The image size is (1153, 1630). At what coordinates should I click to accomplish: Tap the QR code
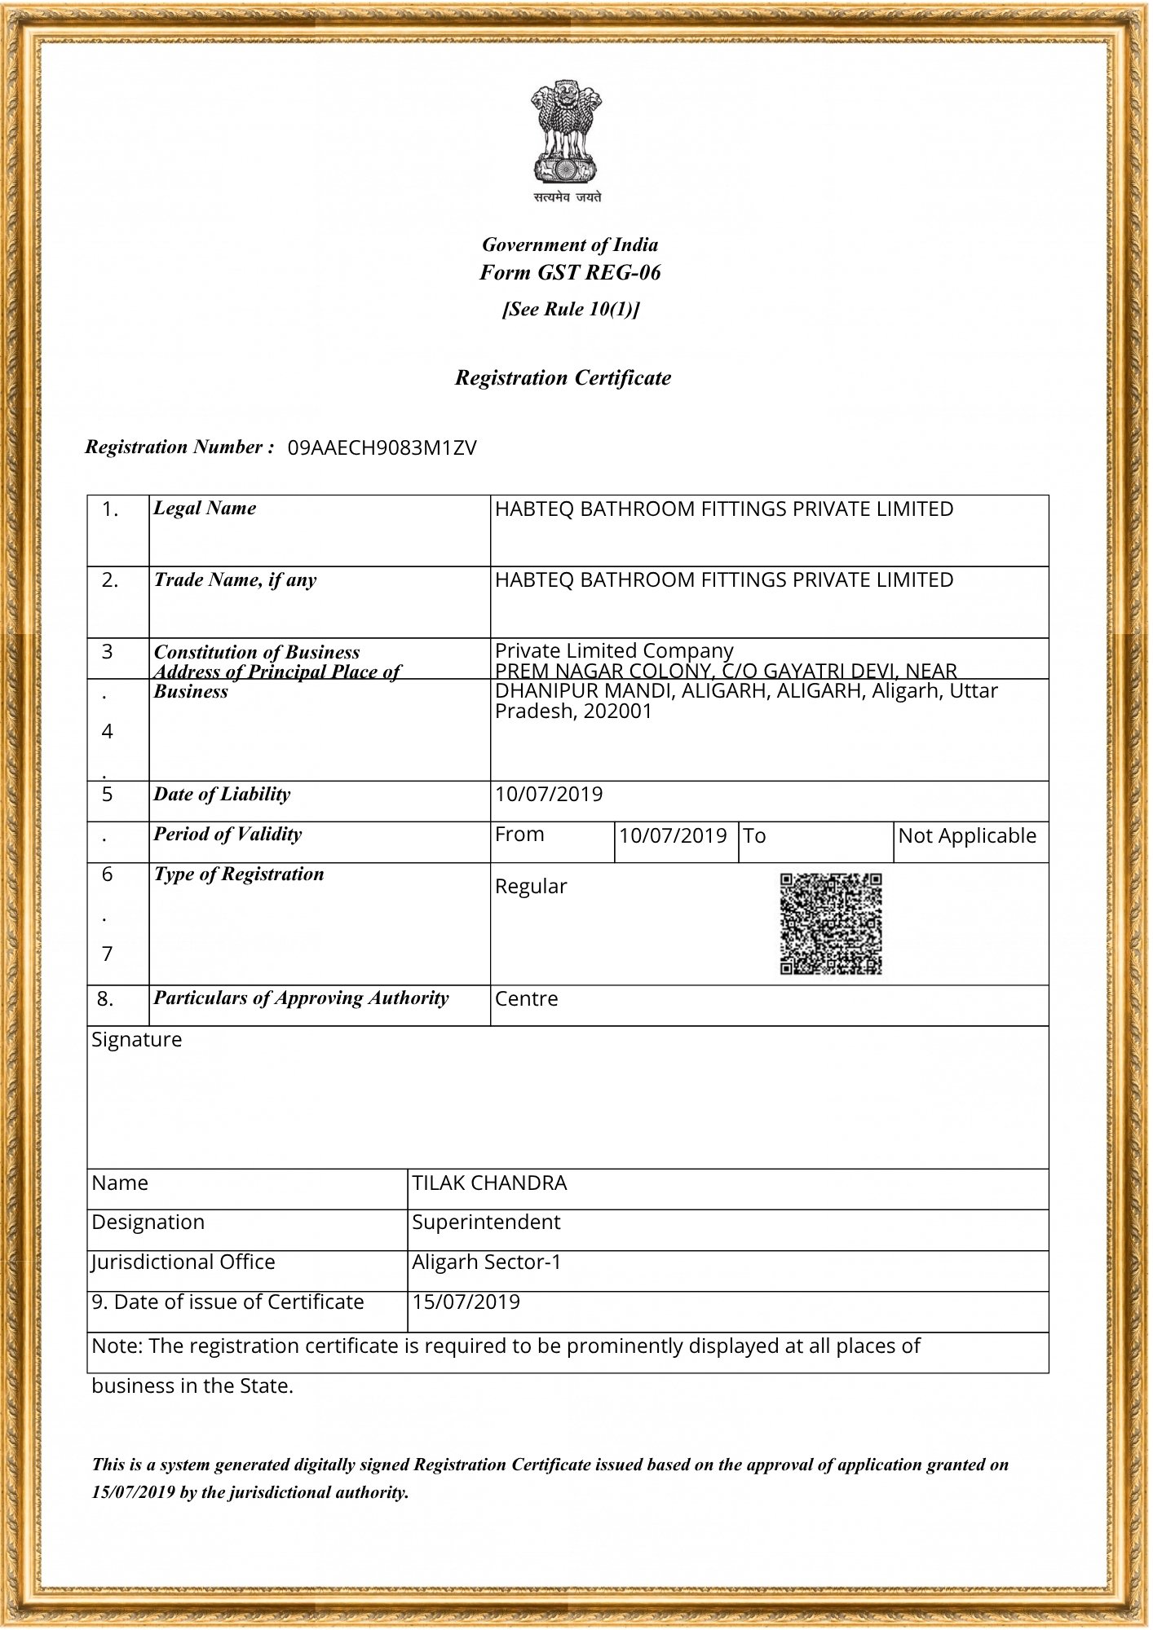pyautogui.click(x=831, y=924)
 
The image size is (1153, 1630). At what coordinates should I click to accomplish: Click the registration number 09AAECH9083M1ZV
pyautogui.click(x=382, y=448)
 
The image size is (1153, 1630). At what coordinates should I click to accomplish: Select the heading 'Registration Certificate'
pyautogui.click(x=563, y=378)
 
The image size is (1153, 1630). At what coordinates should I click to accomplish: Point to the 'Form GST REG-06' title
pyautogui.click(x=570, y=273)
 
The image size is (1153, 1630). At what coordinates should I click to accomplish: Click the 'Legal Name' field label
pyautogui.click(x=205, y=509)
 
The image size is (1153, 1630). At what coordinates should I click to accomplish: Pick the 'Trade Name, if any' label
pyautogui.click(x=235, y=580)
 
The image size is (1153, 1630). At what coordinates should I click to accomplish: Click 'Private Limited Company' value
pyautogui.click(x=614, y=650)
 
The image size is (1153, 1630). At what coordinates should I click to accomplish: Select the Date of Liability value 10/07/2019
pyautogui.click(x=549, y=795)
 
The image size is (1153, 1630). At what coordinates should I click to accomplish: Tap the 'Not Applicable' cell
pyautogui.click(x=967, y=836)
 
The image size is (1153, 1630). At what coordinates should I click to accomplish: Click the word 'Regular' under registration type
pyautogui.click(x=531, y=887)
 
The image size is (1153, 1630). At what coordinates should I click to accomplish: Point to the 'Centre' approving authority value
pyautogui.click(x=527, y=999)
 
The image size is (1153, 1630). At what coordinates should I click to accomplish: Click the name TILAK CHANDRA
pyautogui.click(x=489, y=1183)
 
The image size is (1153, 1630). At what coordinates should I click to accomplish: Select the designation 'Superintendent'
pyautogui.click(x=486, y=1222)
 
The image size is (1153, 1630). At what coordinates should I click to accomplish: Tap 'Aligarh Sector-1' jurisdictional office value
pyautogui.click(x=487, y=1262)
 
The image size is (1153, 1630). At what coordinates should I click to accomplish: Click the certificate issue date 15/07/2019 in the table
pyautogui.click(x=466, y=1302)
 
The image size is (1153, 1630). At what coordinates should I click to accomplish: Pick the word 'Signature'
pyautogui.click(x=137, y=1040)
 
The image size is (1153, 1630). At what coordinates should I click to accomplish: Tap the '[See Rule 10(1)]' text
pyautogui.click(x=571, y=310)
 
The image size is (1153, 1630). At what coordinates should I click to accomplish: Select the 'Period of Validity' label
pyautogui.click(x=228, y=835)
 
